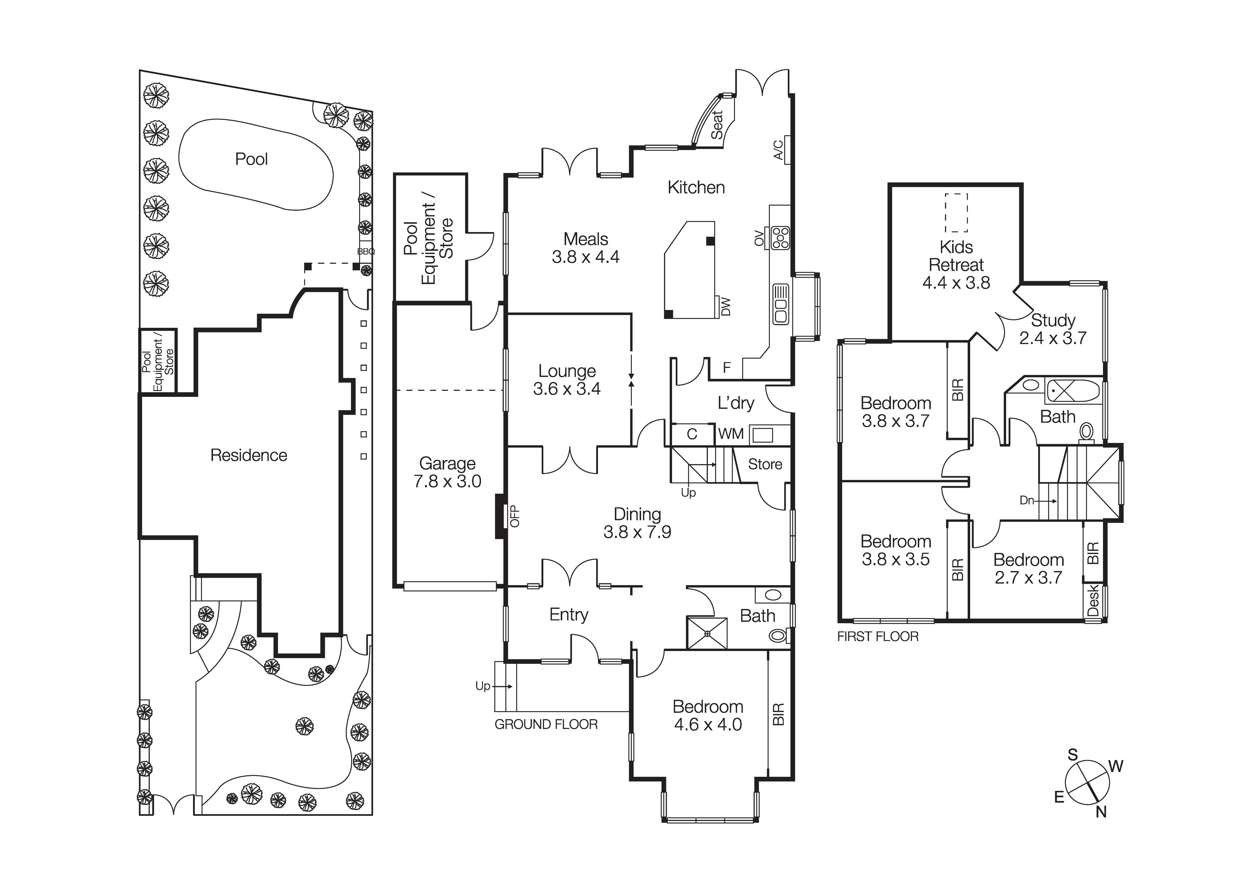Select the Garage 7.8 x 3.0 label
click(447, 472)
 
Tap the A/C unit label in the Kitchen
click(779, 150)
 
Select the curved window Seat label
click(717, 125)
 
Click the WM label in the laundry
click(730, 434)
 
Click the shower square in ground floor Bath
click(707, 633)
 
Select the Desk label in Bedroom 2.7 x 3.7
click(1093, 601)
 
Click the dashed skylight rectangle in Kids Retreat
click(956, 212)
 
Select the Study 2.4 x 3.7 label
click(1053, 329)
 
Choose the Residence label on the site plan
click(249, 455)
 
